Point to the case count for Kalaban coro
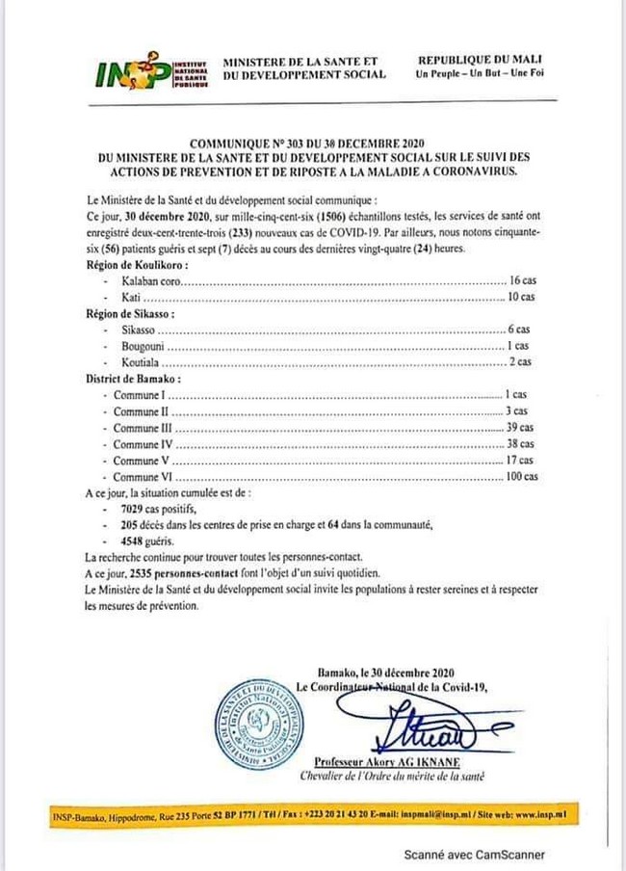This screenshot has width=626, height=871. [x=521, y=280]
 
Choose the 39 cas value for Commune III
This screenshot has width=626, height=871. [x=520, y=428]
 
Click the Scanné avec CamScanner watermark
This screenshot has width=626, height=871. [x=474, y=854]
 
